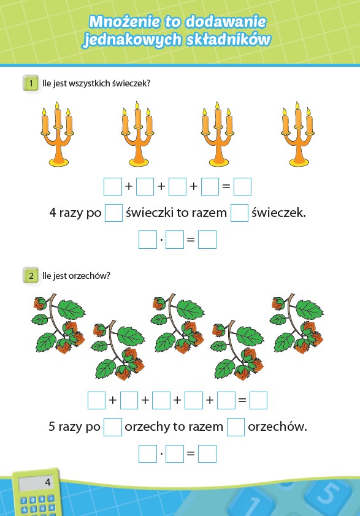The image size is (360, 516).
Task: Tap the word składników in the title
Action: [228, 39]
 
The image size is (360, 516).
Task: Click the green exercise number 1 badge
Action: [31, 83]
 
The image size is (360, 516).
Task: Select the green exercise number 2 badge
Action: [31, 275]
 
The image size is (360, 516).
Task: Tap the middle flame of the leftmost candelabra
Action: [57, 105]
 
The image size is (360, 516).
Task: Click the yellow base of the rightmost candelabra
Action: [299, 162]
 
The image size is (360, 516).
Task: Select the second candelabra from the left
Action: [137, 134]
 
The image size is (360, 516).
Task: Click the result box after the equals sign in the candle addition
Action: [242, 186]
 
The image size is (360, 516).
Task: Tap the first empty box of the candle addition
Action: [113, 186]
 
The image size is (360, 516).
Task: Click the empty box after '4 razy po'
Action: [113, 213]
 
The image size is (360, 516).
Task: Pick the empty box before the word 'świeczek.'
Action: [239, 213]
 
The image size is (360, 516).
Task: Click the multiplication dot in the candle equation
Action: [161, 239]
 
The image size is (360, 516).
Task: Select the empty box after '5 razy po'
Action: [113, 427]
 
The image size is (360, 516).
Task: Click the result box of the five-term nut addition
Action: [259, 400]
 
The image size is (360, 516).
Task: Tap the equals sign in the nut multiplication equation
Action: [191, 453]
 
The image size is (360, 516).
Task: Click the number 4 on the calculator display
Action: [48, 482]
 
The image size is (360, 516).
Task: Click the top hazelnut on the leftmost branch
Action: [40, 303]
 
